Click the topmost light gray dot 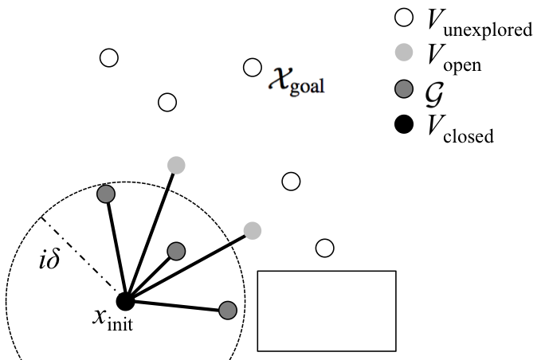coord(404,53)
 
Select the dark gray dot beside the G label coord(404,88)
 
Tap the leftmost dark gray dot coord(105,194)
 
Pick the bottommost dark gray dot coord(228,310)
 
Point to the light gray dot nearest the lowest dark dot coord(253,230)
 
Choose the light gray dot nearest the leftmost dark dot coord(176,165)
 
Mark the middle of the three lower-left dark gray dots coord(176,251)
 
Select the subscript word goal coord(307,87)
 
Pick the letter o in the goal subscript coord(304,87)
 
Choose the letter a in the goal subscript coord(314,87)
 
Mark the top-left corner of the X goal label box coord(265,65)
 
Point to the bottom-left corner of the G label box coord(420,111)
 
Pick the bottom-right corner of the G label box coord(447,111)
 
